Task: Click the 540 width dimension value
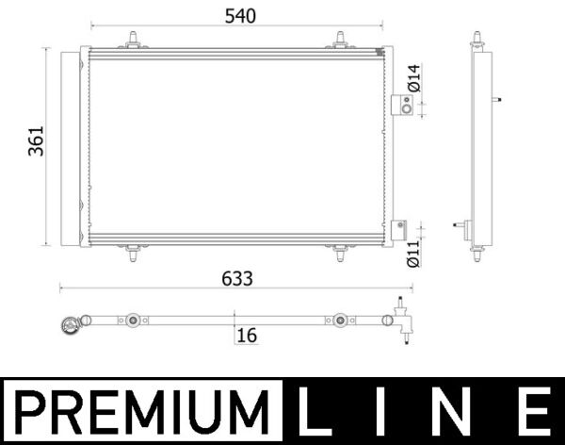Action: [x=237, y=15]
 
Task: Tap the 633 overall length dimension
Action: [x=237, y=278]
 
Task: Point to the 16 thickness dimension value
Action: [x=248, y=335]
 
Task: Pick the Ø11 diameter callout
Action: [x=412, y=253]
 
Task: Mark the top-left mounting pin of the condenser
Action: [x=134, y=39]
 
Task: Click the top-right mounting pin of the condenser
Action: [x=341, y=39]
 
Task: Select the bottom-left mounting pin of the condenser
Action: [x=134, y=252]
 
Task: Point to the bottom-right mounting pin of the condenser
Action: [x=341, y=252]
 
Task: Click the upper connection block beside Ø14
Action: [x=400, y=105]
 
